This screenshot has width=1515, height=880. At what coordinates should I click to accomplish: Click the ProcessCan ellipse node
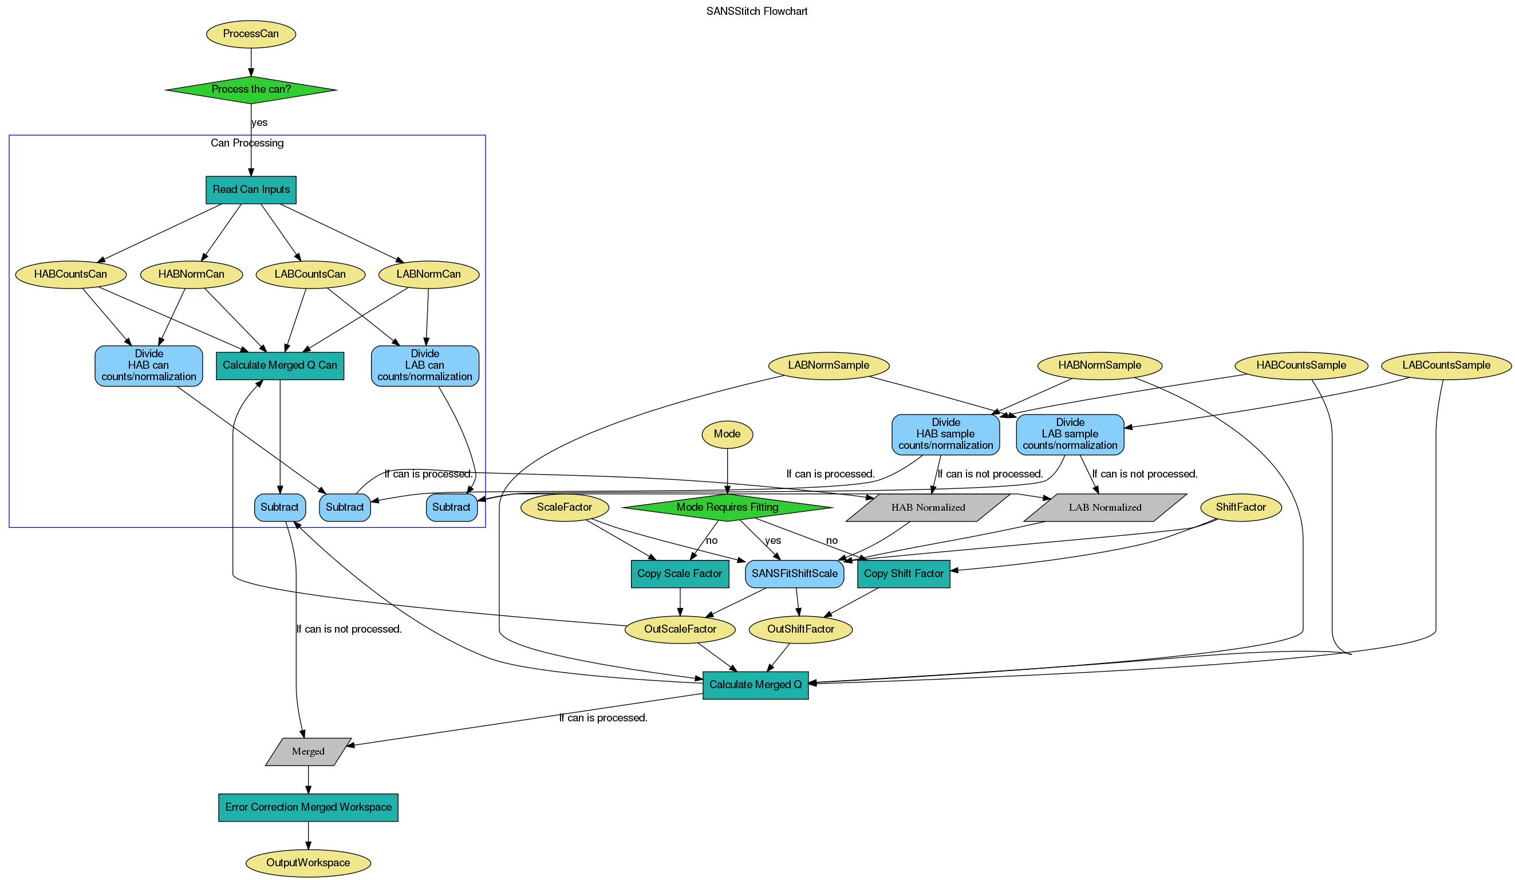point(251,34)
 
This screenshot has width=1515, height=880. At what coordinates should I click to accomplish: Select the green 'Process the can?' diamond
point(251,89)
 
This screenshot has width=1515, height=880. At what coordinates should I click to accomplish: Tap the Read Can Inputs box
point(251,190)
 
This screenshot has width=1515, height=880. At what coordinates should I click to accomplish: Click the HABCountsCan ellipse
point(70,274)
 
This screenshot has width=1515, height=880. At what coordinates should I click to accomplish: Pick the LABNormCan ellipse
point(428,274)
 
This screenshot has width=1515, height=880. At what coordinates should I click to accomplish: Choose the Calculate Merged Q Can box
point(279,365)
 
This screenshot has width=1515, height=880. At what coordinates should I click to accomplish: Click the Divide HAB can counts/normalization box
point(148,365)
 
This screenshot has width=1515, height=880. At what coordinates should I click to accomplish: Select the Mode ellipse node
point(727,434)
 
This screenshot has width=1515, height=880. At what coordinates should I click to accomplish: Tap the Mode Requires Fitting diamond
point(727,507)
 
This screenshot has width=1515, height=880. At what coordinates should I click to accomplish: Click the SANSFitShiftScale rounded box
point(794,574)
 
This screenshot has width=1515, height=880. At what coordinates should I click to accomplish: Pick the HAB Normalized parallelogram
point(928,507)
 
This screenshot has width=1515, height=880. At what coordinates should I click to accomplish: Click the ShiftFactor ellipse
point(1240,507)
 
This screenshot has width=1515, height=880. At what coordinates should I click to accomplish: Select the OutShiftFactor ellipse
point(800,629)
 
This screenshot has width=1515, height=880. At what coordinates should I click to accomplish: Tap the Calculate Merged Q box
point(755,685)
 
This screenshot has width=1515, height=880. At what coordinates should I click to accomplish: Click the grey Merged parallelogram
point(308,751)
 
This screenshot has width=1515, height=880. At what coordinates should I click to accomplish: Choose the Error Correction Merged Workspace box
point(308,807)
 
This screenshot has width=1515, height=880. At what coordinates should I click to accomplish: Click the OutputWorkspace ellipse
point(308,863)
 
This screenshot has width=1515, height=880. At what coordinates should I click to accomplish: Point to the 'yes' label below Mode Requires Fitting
point(772,540)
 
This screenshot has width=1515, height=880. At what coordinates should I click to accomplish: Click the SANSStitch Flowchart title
point(756,11)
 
